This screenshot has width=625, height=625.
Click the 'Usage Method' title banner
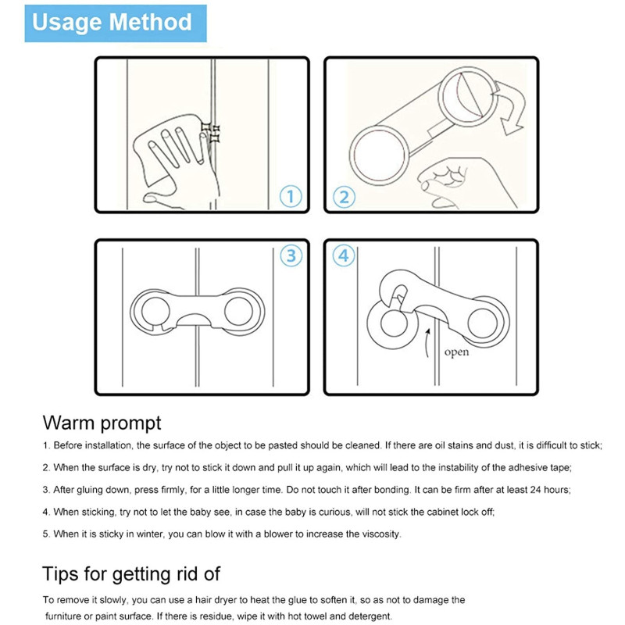(116, 23)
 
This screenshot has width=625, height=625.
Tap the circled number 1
(291, 197)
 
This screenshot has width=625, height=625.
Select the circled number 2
(344, 197)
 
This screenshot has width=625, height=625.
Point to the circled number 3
(291, 255)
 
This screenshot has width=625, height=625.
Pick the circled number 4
(344, 255)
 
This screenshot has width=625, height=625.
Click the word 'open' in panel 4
(456, 352)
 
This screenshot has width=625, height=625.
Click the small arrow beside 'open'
(427, 342)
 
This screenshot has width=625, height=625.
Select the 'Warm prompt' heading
(102, 423)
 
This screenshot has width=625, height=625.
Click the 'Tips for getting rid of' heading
(131, 574)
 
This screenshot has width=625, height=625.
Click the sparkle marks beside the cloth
(211, 133)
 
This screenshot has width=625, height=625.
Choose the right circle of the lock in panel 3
(238, 311)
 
